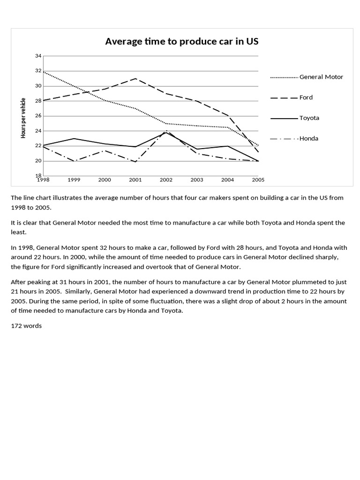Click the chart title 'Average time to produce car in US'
pyautogui.click(x=182, y=42)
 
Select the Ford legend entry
pyautogui.click(x=306, y=97)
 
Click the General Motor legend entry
pyautogui.click(x=321, y=77)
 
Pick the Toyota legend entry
pyautogui.click(x=309, y=118)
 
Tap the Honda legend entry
pyautogui.click(x=309, y=138)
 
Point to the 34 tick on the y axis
pyautogui.click(x=38, y=56)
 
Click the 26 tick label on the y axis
pyautogui.click(x=38, y=116)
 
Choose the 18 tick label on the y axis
pyautogui.click(x=38, y=176)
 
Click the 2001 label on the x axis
pyautogui.click(x=135, y=180)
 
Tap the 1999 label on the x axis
pyautogui.click(x=74, y=180)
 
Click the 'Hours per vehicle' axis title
pyautogui.click(x=23, y=118)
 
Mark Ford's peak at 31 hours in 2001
pyautogui.click(x=135, y=79)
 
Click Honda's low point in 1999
pyautogui.click(x=74, y=161)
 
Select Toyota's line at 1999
pyautogui.click(x=74, y=139)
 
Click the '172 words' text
pyautogui.click(x=26, y=326)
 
